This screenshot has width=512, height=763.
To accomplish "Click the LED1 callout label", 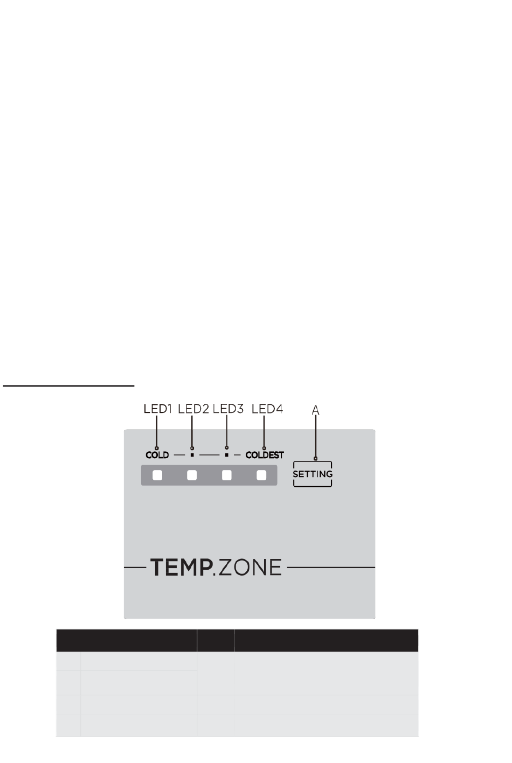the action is point(157,409).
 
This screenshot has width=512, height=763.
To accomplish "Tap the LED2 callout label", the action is point(193,409).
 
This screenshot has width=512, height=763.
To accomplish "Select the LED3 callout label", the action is point(228,409).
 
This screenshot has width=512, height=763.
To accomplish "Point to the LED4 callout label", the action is point(267,409).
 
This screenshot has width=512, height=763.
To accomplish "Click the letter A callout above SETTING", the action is point(316,410).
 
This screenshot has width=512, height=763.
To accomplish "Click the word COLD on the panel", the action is point(157,455).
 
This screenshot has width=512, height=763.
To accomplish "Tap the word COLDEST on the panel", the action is point(264,455).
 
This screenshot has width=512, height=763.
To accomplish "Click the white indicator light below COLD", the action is point(157,475).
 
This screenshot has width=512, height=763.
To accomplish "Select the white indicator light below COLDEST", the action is point(261,475).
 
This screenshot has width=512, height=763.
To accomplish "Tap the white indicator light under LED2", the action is point(192,475).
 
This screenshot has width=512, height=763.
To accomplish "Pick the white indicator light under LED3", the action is point(227,475).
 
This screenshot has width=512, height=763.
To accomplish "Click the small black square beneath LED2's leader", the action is point(192,455).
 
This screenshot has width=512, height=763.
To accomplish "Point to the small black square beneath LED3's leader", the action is point(227,455).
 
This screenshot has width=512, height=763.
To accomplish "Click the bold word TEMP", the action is point(179,568).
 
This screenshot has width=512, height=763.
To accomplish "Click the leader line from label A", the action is point(316,436).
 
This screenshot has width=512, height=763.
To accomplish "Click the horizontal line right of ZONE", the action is point(331,568).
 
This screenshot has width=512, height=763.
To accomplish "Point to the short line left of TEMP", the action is point(134,568).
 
